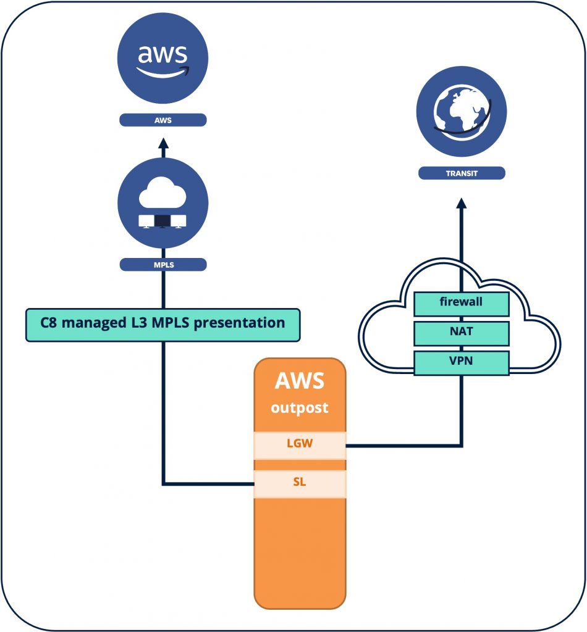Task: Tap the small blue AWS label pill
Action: tap(163, 120)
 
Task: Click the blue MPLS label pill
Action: tap(163, 265)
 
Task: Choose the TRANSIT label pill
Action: tap(462, 173)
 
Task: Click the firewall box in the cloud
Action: tap(462, 303)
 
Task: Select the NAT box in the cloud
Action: tap(462, 332)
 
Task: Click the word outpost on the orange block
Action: tap(300, 408)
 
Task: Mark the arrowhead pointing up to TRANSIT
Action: tap(462, 204)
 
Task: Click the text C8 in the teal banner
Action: tap(49, 323)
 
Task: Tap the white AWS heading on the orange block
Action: tap(300, 381)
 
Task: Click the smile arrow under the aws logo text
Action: tap(163, 73)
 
